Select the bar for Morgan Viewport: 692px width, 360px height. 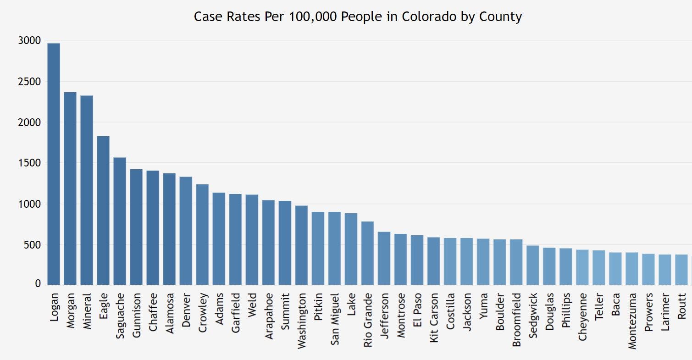70,188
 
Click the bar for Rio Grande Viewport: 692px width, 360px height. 367,253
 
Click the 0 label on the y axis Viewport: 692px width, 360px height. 38,284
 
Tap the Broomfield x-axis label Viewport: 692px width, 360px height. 516,320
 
